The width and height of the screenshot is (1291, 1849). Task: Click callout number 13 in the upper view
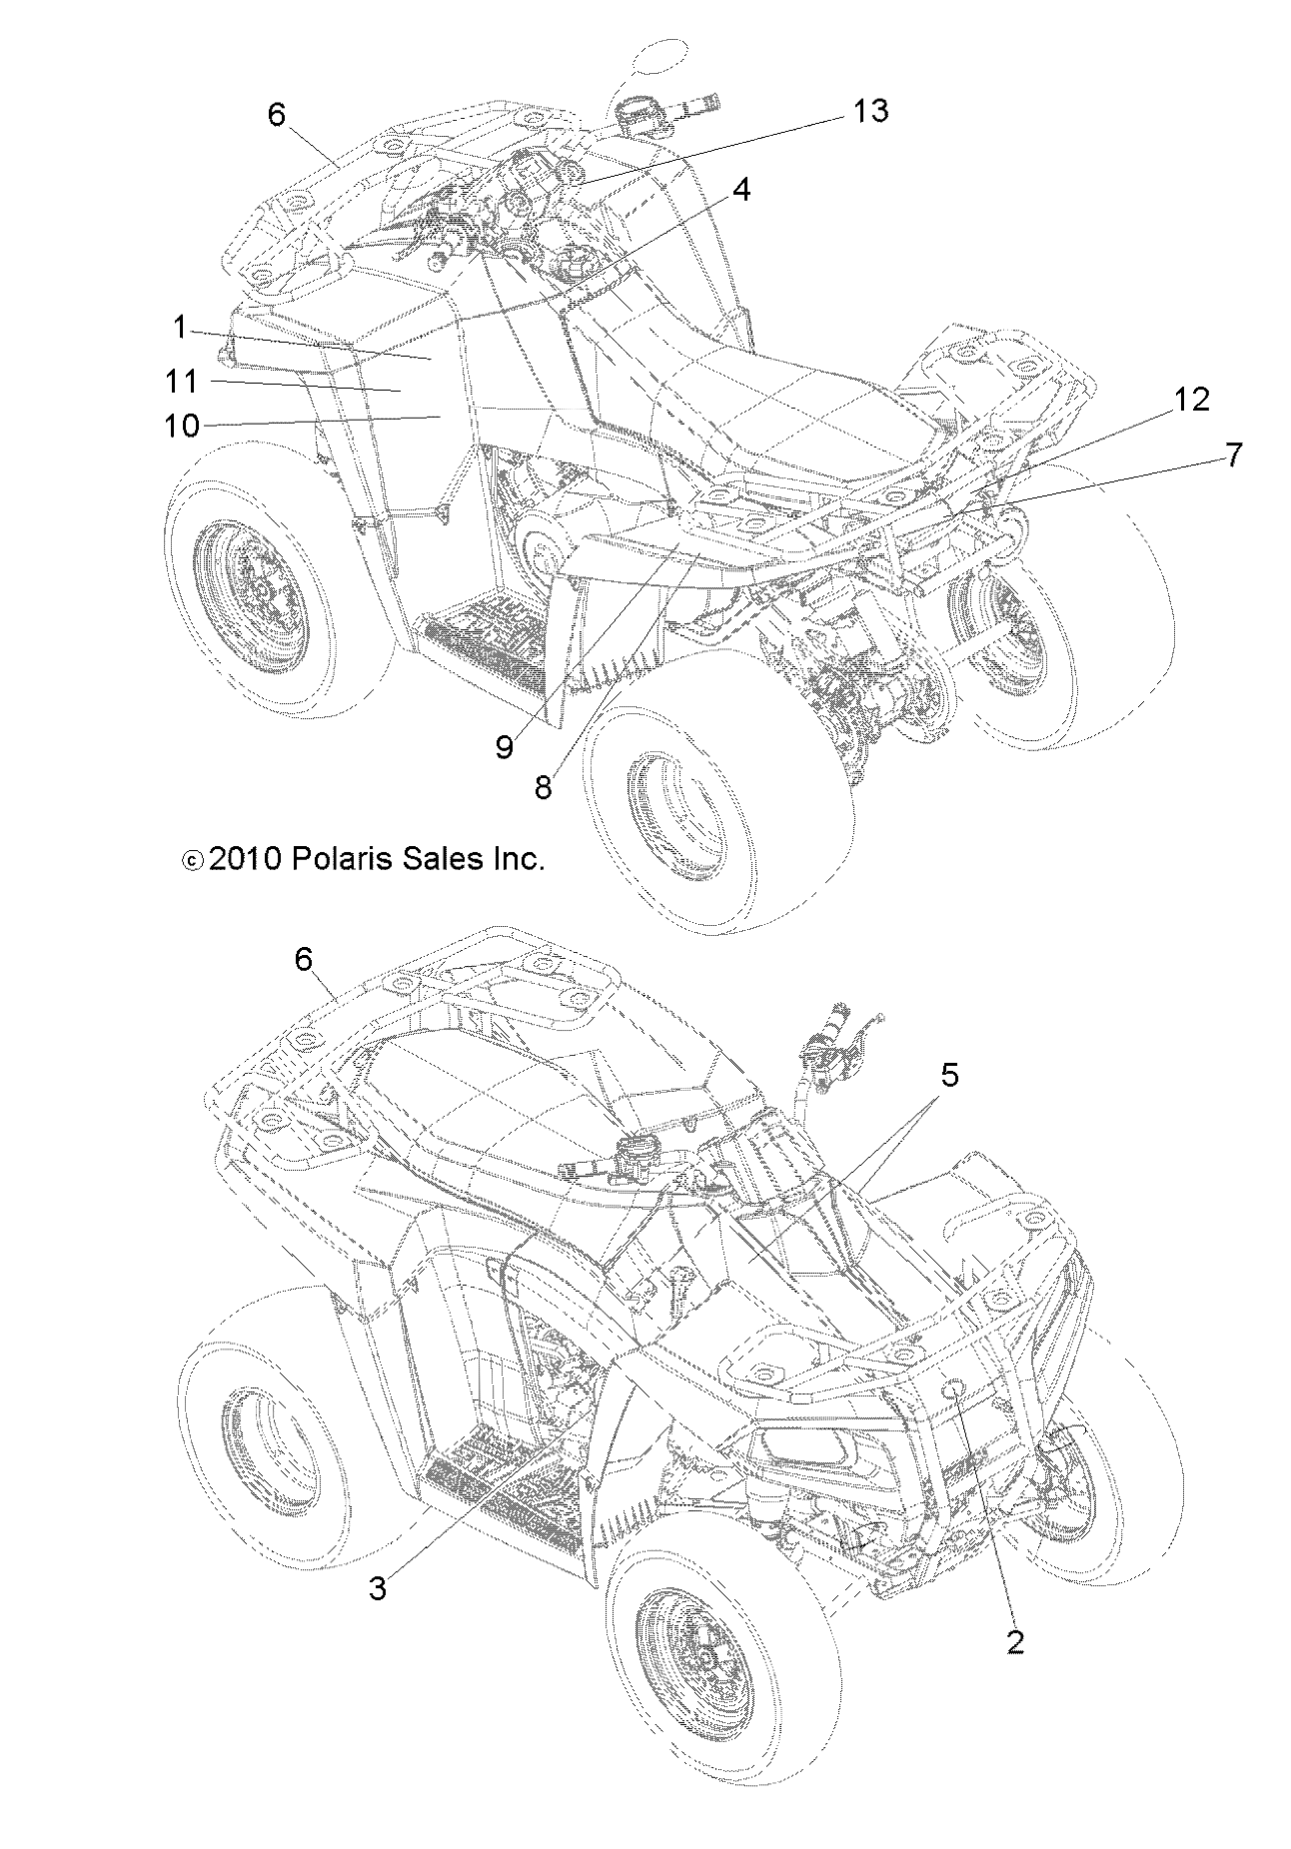coord(870,111)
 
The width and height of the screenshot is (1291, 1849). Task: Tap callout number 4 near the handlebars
coord(740,190)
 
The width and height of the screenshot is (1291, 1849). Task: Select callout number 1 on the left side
coord(180,327)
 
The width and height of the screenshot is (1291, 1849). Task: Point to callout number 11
coord(183,381)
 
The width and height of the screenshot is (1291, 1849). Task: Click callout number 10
coord(183,426)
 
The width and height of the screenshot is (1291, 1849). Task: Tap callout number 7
coord(1234,456)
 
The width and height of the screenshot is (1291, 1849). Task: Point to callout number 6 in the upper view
coord(277,115)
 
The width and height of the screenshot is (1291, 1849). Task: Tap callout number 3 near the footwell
coord(378,1589)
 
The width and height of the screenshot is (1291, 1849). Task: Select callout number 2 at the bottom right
coord(1015,1641)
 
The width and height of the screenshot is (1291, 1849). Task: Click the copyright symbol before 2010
coord(192,860)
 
